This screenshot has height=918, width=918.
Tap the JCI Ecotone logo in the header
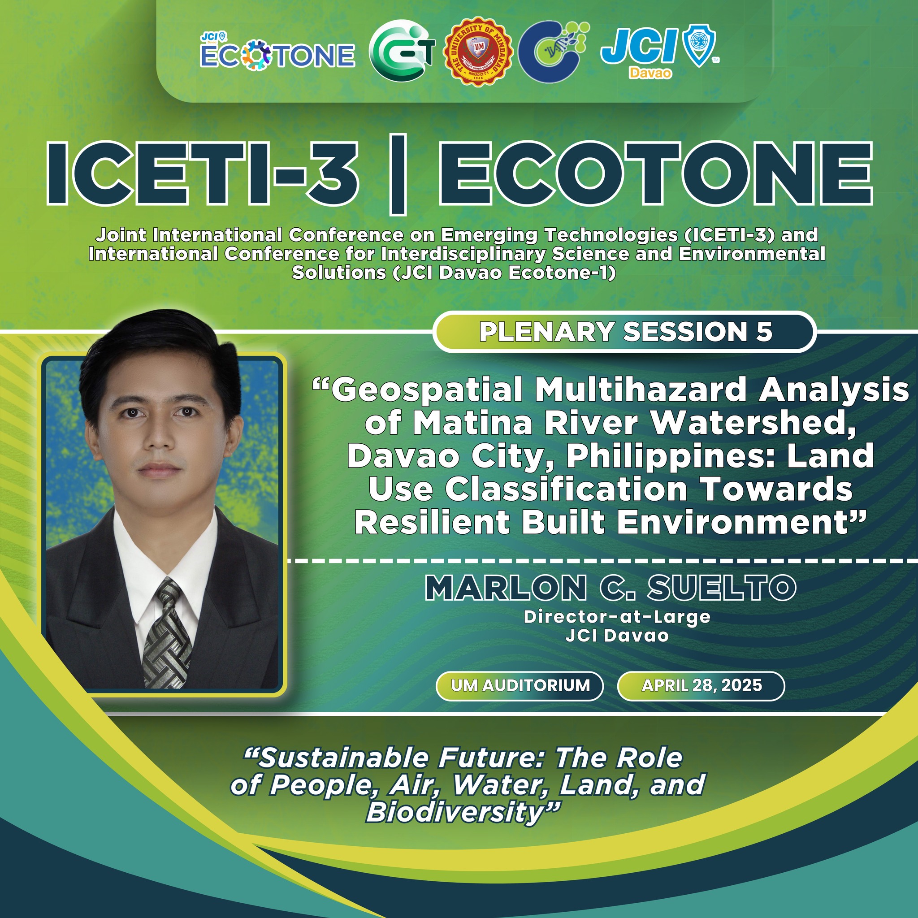point(277,53)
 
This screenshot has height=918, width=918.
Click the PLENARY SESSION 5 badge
point(624,332)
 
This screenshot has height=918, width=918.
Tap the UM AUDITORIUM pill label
point(520,686)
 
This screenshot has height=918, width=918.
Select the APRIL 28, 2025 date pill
point(701,686)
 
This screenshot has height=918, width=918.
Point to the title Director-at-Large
point(617,617)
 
